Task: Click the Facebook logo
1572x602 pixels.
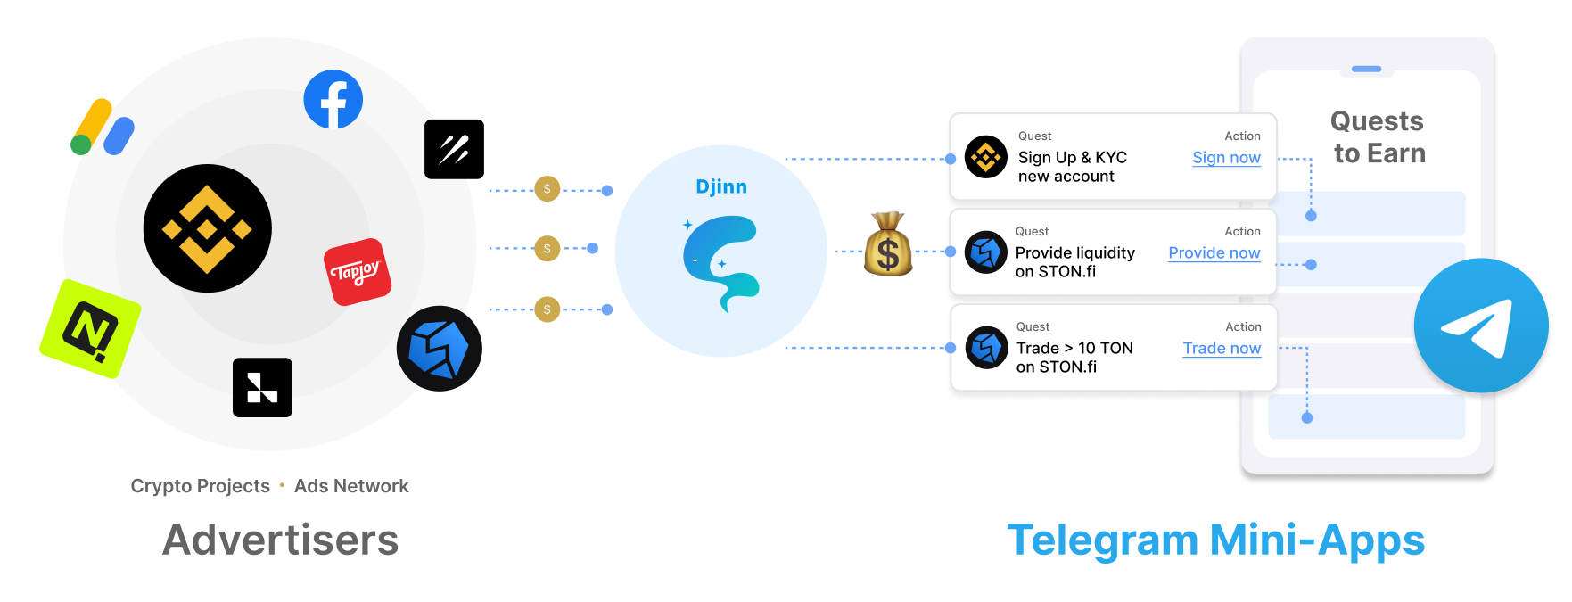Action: pos(333,99)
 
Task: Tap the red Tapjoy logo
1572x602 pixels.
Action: pos(358,271)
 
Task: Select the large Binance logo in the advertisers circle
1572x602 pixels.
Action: pos(207,228)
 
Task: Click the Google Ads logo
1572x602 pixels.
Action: pos(103,128)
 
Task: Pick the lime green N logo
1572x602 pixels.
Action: pos(90,328)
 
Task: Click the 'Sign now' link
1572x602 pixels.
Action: pos(1226,158)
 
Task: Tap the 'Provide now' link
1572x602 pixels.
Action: pos(1214,253)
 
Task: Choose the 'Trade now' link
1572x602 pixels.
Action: pos(1222,349)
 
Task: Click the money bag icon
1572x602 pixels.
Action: pos(887,244)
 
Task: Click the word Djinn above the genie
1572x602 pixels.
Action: pos(721,187)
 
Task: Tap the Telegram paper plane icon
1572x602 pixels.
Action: pos(1480,326)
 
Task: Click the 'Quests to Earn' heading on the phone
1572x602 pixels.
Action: pos(1379,137)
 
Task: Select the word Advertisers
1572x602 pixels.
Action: pos(281,540)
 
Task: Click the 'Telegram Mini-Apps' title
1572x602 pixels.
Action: pos(1215,540)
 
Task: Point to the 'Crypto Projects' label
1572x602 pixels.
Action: pos(200,486)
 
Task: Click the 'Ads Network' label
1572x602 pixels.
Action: pos(351,486)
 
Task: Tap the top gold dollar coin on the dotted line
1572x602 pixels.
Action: pos(547,189)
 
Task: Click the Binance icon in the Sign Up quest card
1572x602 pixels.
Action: pos(985,158)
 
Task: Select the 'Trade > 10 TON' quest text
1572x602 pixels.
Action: pos(1074,349)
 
